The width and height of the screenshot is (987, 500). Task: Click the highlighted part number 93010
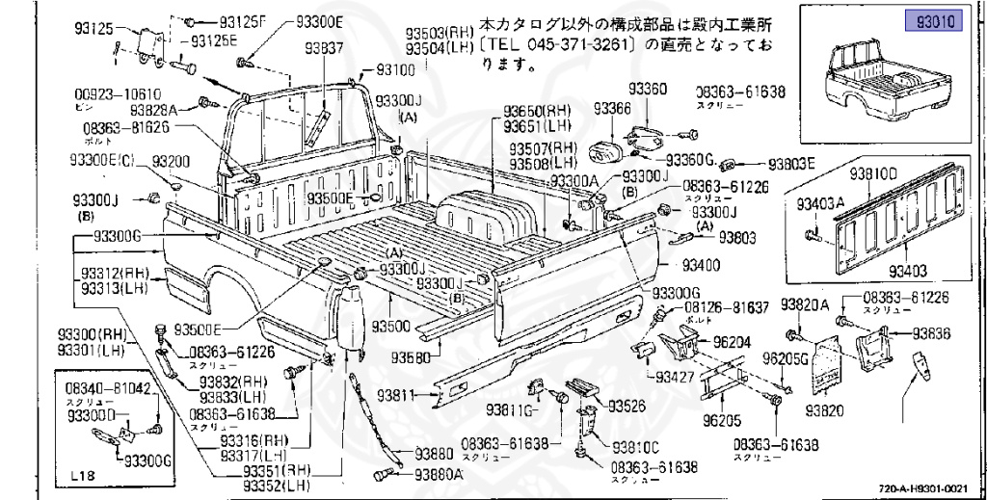pos(934,22)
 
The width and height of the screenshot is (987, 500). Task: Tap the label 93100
pos(395,70)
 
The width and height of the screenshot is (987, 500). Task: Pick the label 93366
pos(611,109)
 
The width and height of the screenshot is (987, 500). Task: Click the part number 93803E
pos(791,163)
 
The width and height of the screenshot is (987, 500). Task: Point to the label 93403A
pos(820,204)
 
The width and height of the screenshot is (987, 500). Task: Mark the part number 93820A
pos(805,305)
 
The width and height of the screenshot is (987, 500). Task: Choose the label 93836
pos(933,332)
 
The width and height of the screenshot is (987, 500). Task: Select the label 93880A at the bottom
pos(440,474)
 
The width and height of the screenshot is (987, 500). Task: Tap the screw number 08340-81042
pos(106,388)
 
